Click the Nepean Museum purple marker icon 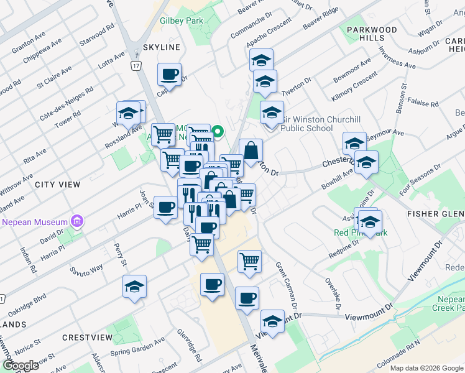(x=77, y=221)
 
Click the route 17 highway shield (x=136, y=65)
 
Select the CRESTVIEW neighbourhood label (x=87, y=338)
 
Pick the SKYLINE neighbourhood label (x=162, y=47)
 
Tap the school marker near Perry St (x=134, y=287)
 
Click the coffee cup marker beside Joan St (x=166, y=207)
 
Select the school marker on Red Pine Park (x=370, y=222)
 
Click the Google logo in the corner (x=21, y=365)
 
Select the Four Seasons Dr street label (x=420, y=180)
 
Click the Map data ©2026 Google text (x=426, y=368)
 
